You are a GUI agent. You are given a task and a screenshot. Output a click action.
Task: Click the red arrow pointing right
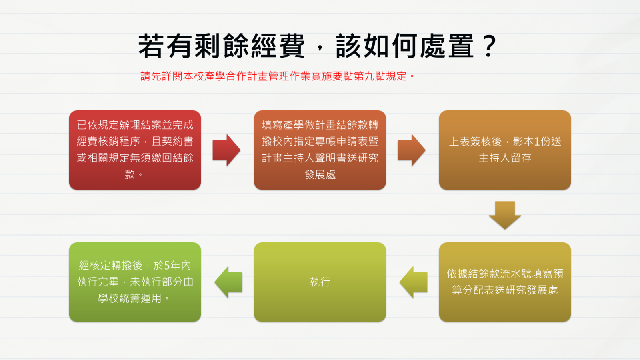[226, 150]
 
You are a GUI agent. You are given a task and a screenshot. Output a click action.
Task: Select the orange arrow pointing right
[412, 150]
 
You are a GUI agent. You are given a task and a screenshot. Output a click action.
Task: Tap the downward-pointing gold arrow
[505, 215]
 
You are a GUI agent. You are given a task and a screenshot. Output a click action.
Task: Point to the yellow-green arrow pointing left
[414, 282]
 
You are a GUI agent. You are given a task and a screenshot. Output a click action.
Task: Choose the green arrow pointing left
[228, 282]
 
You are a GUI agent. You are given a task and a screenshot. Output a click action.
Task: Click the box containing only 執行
[320, 282]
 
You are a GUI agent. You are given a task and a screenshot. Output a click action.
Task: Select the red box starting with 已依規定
[135, 150]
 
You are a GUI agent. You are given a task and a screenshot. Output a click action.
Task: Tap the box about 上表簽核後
[505, 150]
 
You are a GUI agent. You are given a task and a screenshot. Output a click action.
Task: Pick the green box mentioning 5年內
[135, 282]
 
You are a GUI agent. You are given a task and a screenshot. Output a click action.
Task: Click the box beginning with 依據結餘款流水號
[505, 282]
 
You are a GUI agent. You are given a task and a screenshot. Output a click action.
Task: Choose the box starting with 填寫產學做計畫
[320, 150]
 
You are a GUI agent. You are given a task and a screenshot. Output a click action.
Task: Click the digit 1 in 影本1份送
[536, 142]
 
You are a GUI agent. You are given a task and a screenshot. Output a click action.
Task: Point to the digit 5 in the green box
[167, 266]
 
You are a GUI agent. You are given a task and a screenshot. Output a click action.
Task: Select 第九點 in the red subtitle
[369, 76]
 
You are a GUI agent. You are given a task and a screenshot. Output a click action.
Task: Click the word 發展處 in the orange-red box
[320, 174]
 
